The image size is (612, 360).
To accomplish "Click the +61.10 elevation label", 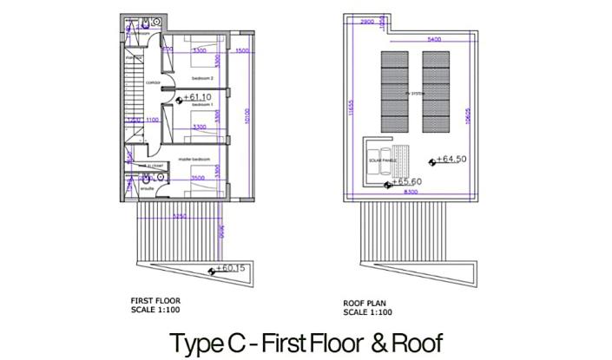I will point(199,98).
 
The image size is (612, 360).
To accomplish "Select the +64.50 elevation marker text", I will point(452,160).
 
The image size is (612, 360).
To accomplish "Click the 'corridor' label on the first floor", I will point(153,83).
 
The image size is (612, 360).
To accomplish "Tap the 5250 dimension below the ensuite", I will point(180,216).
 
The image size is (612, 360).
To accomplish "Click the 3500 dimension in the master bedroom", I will point(199,178).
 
